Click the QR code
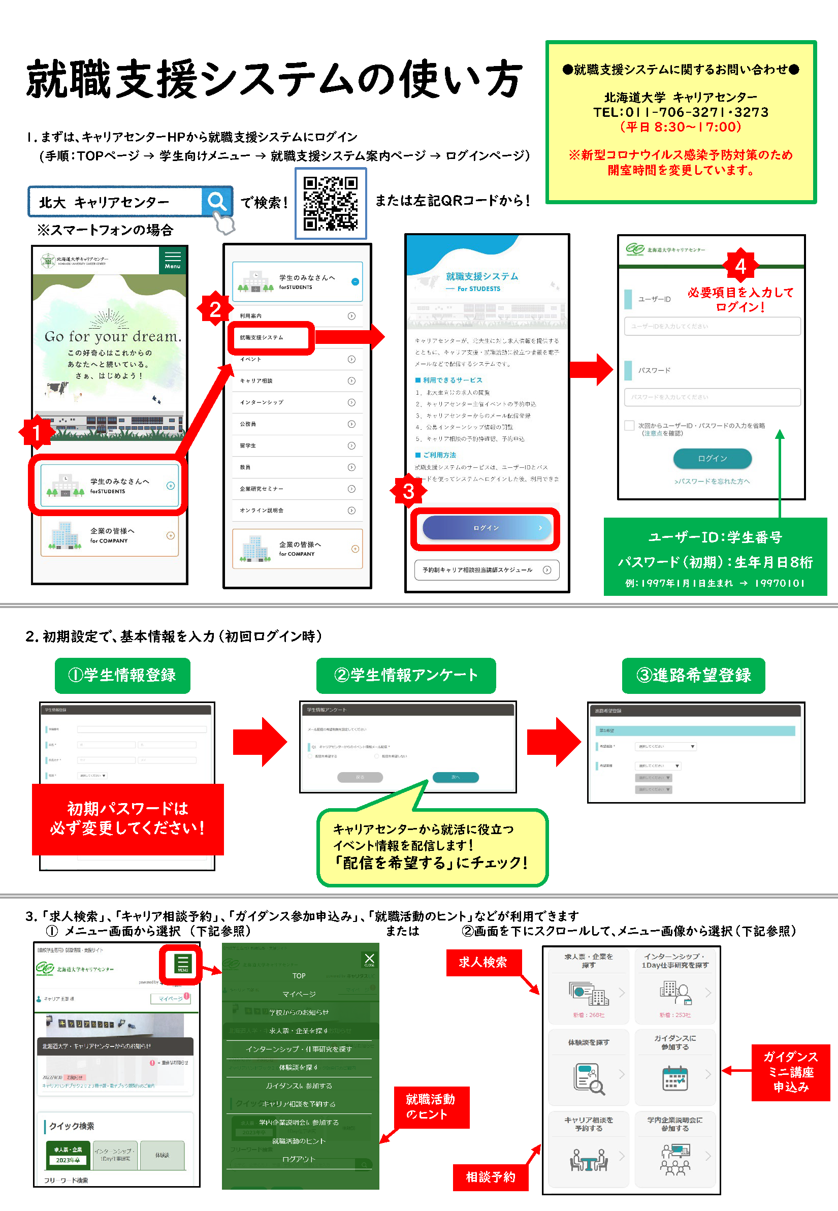pos(330,203)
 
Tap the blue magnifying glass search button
pos(216,201)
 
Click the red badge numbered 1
pos(36,432)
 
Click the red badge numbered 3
pos(408,491)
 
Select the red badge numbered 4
pos(740,266)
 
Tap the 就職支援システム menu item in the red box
pos(271,338)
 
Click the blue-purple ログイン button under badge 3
pos(486,528)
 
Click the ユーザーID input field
pos(712,326)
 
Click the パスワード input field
pos(712,397)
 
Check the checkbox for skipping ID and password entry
pos(629,425)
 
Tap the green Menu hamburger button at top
pos(172,260)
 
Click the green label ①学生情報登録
pos(122,675)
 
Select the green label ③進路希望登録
pos(693,675)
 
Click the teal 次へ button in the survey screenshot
pos(455,777)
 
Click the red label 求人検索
pos(482,962)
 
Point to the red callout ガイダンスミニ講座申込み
pos(790,1072)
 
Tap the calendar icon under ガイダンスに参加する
pos(674,1078)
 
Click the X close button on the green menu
pos(369,959)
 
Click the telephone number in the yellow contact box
pos(681,112)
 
